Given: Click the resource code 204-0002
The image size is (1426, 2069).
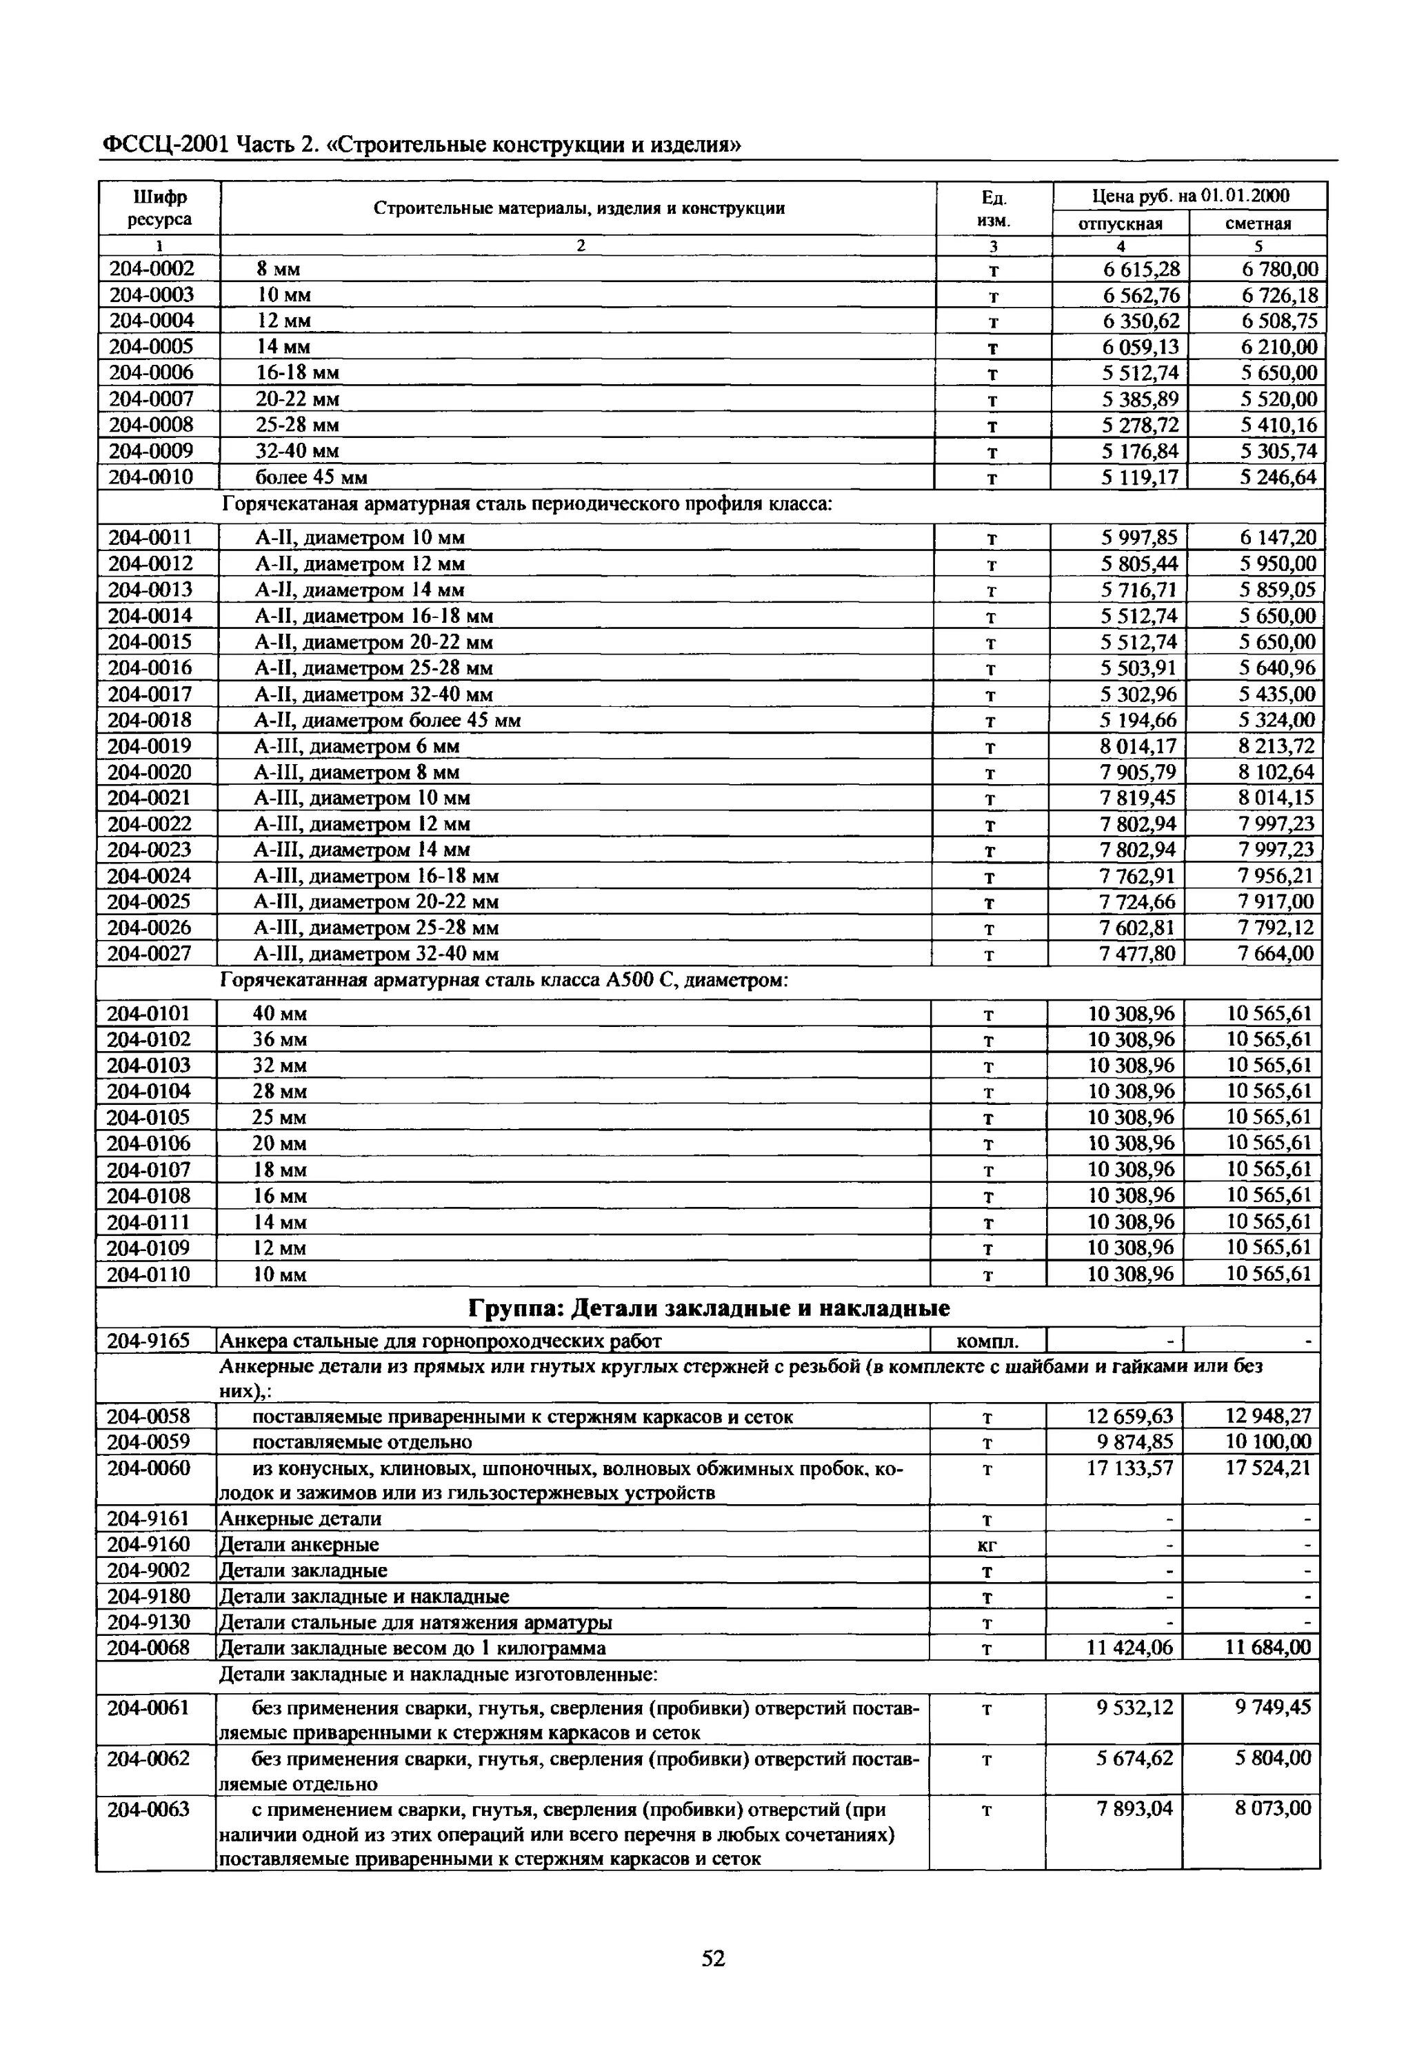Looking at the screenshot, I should [151, 269].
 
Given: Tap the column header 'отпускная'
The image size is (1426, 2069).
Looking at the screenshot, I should [1121, 223].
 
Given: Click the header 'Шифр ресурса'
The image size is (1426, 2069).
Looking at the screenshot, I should [159, 208].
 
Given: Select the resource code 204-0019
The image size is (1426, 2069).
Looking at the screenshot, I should [150, 746].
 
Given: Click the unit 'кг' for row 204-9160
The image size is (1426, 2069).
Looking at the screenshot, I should [987, 1546].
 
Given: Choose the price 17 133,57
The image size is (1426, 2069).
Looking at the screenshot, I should [1129, 1468].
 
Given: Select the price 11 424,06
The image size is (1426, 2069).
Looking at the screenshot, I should [1129, 1648].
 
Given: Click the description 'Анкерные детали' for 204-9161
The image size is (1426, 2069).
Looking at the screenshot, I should [300, 1519].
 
